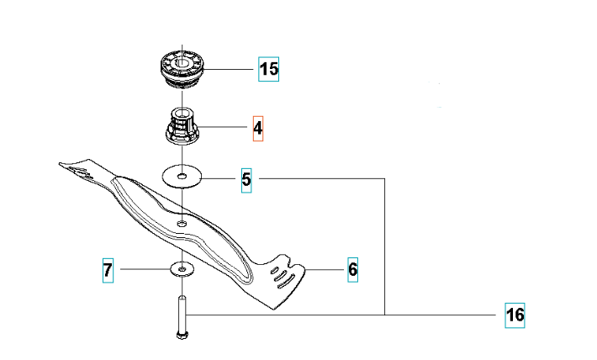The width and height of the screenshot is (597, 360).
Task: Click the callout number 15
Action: coord(269,69)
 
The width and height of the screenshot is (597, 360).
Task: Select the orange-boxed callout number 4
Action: coord(258,129)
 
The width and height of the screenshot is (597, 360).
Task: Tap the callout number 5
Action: coord(246,179)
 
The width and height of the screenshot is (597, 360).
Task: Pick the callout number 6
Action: coord(352,270)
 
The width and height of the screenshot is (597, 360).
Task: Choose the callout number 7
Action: coord(108,270)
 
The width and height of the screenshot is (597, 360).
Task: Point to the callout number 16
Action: coord(515,315)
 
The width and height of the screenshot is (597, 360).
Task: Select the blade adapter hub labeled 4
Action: coord(182,127)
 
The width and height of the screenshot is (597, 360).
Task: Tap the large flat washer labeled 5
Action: coord(182,176)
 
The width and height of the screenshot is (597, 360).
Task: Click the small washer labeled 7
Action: coord(182,269)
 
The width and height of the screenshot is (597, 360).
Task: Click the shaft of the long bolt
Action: coord(182,314)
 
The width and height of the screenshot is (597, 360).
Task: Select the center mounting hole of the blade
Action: coord(182,223)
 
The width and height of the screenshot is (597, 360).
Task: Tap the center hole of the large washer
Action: coord(182,176)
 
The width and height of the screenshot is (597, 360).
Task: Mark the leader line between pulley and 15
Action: coord(229,69)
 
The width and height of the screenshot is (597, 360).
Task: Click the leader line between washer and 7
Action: coord(145,269)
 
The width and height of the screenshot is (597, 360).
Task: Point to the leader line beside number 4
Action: coord(223,127)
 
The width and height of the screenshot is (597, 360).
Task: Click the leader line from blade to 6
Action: coord(324,270)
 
